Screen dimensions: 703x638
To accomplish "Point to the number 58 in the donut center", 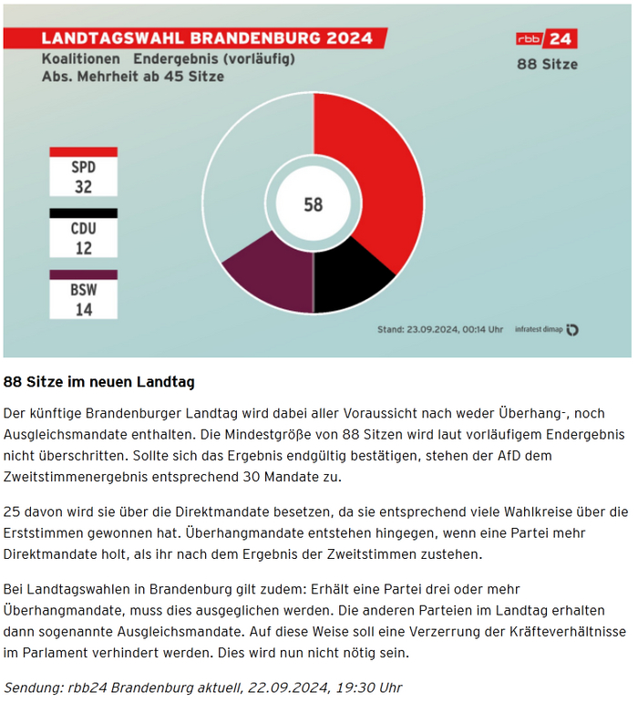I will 313,205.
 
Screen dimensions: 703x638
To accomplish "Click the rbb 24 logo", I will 546,39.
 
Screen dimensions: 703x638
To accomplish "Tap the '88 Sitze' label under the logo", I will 547,65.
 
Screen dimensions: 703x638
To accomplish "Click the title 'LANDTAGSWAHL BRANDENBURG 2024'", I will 207,38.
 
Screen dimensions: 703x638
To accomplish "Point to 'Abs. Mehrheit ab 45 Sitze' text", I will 133,78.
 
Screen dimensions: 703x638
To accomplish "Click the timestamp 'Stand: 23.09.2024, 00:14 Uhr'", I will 439,330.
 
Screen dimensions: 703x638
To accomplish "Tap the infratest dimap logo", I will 546,330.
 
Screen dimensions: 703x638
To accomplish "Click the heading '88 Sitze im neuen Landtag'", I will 99,381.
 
